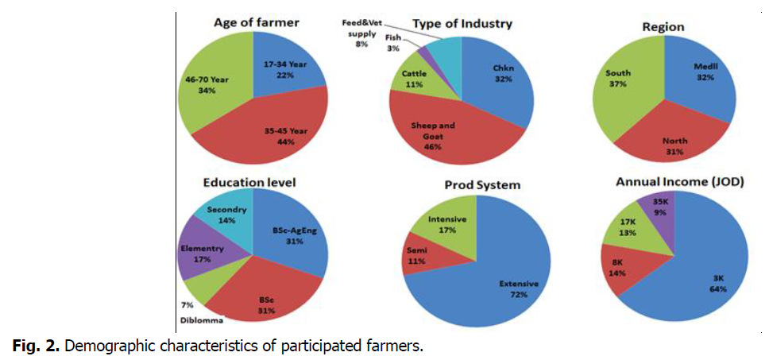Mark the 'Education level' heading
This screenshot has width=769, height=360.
[x=248, y=183]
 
